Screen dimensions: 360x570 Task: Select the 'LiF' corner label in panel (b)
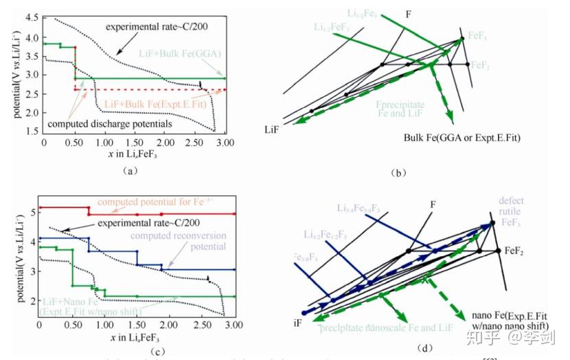[273, 129]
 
